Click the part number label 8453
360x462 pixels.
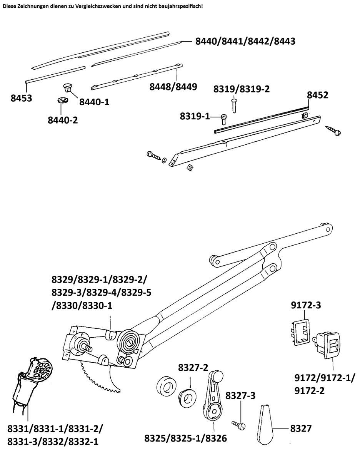(21, 98)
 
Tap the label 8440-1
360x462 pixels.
(95, 102)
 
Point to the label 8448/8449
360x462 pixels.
(173, 87)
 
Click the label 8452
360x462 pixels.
(318, 95)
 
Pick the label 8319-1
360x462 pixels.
(195, 116)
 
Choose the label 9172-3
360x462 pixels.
(305, 306)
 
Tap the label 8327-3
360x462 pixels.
(241, 396)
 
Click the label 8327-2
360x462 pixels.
(193, 368)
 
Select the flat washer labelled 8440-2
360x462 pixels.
(62, 100)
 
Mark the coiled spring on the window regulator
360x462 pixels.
(129, 340)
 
